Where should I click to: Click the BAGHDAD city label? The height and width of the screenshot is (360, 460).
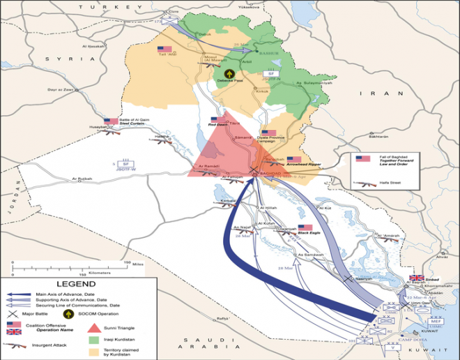(x=269, y=172)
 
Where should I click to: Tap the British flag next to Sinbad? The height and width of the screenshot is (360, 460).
(x=416, y=277)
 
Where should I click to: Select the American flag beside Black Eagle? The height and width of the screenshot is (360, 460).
(x=305, y=227)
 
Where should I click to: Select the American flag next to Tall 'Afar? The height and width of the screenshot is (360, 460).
(x=164, y=49)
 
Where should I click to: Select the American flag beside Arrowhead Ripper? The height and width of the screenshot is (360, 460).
(x=293, y=160)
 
